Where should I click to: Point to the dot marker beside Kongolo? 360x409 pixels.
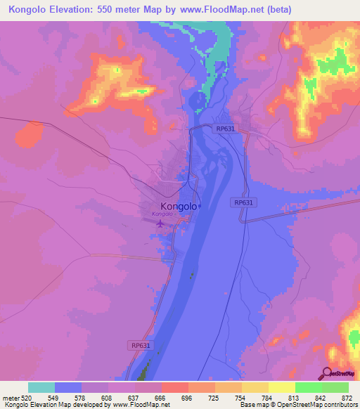(x=199, y=207)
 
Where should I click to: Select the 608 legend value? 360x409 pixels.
(x=107, y=397)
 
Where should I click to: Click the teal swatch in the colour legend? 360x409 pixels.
(x=41, y=387)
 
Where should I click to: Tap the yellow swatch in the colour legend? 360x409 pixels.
(x=281, y=387)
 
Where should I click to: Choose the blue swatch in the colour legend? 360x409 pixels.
(x=68, y=387)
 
